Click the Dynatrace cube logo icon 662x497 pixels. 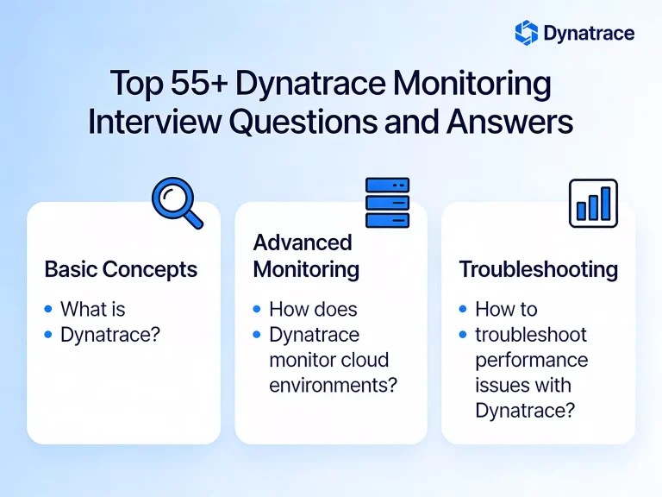click(x=527, y=33)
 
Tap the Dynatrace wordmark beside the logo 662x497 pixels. click(x=589, y=34)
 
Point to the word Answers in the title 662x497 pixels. click(x=509, y=123)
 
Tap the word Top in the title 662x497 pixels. click(x=136, y=85)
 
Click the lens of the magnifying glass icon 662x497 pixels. click(x=172, y=198)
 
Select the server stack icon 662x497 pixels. click(x=387, y=203)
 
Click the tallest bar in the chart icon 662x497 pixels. click(x=607, y=203)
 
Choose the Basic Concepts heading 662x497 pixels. click(x=121, y=269)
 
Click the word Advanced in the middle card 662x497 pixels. click(x=290, y=243)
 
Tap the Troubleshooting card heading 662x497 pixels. click(x=538, y=269)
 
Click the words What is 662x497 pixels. click(x=93, y=309)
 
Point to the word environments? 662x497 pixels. click(x=333, y=385)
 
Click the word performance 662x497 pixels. click(x=531, y=360)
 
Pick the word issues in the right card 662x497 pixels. click(x=499, y=385)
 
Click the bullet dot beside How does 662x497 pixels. click(x=257, y=309)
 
